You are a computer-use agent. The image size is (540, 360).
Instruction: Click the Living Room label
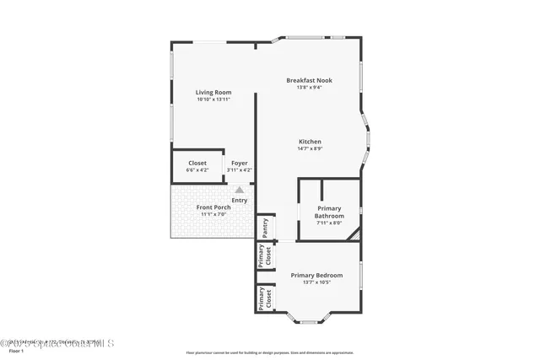pyautogui.click(x=213, y=92)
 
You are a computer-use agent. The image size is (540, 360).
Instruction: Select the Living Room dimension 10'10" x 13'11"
pyautogui.click(x=213, y=99)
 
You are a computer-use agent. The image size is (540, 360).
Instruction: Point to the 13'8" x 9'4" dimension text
pyautogui.click(x=309, y=88)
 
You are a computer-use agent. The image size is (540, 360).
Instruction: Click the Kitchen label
pyautogui.click(x=310, y=141)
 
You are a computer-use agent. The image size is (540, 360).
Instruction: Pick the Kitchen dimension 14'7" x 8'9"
pyautogui.click(x=310, y=148)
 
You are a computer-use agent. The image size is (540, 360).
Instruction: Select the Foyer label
pyautogui.click(x=240, y=163)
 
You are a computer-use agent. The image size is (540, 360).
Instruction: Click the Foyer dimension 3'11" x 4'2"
pyautogui.click(x=240, y=170)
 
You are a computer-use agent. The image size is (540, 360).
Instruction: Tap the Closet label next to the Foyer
pyautogui.click(x=197, y=163)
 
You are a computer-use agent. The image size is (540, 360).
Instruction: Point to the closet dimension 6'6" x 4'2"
pyautogui.click(x=197, y=170)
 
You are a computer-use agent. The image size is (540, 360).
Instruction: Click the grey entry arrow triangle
pyautogui.click(x=240, y=191)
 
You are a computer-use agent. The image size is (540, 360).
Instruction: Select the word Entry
pyautogui.click(x=240, y=200)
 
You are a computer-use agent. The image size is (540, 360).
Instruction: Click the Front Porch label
pyautogui.click(x=213, y=207)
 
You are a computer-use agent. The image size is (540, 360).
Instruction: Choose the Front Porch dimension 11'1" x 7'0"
pyautogui.click(x=213, y=214)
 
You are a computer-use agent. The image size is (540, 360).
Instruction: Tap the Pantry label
pyautogui.click(x=265, y=227)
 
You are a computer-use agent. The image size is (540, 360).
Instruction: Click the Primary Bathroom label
pyautogui.click(x=329, y=212)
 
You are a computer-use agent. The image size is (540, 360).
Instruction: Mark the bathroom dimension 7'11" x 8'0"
pyautogui.click(x=329, y=223)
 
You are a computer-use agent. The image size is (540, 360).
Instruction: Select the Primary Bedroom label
pyautogui.click(x=316, y=275)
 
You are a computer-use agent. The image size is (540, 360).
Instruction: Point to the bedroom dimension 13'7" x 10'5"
pyautogui.click(x=316, y=282)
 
